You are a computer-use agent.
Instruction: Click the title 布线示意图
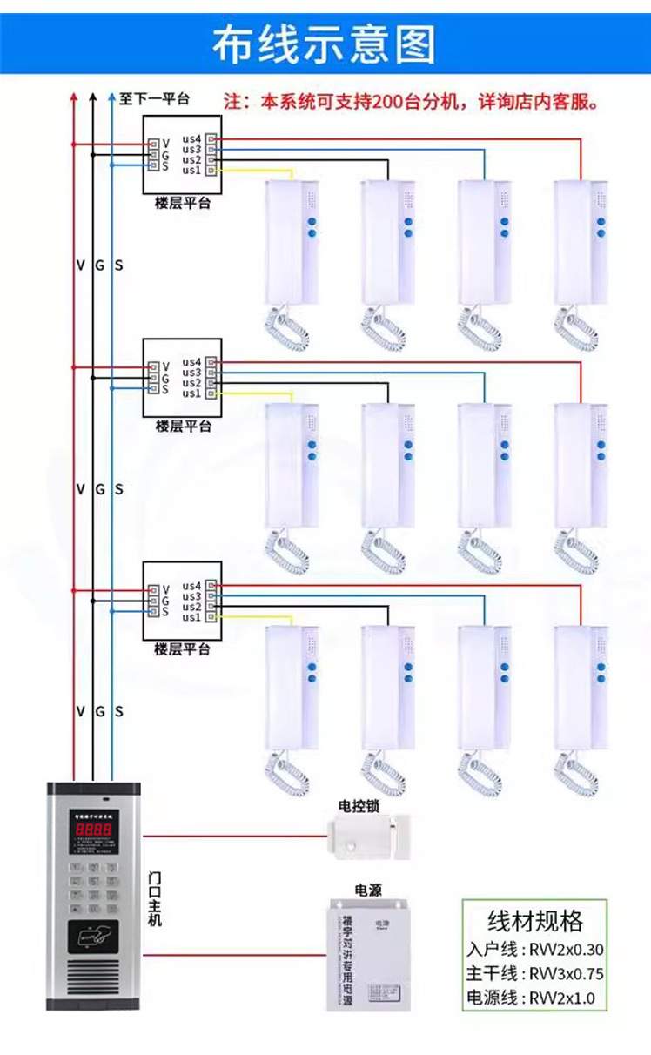pos(325,44)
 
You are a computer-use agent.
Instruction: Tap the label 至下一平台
pos(154,99)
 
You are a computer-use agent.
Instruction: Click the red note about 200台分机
pos(411,102)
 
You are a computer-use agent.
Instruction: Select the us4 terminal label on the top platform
pos(191,138)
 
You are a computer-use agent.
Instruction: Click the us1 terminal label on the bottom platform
pos(191,617)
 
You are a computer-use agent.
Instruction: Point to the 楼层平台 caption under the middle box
pos(183,427)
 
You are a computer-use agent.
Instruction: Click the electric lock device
pos(367,835)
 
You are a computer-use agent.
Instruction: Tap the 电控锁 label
pos(359,806)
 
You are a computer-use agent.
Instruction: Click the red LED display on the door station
pos(93,830)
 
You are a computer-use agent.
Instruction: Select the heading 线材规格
pos(534,921)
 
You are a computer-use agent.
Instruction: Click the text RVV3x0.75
pos(567,973)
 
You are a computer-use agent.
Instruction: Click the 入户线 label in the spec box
pos(492,950)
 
